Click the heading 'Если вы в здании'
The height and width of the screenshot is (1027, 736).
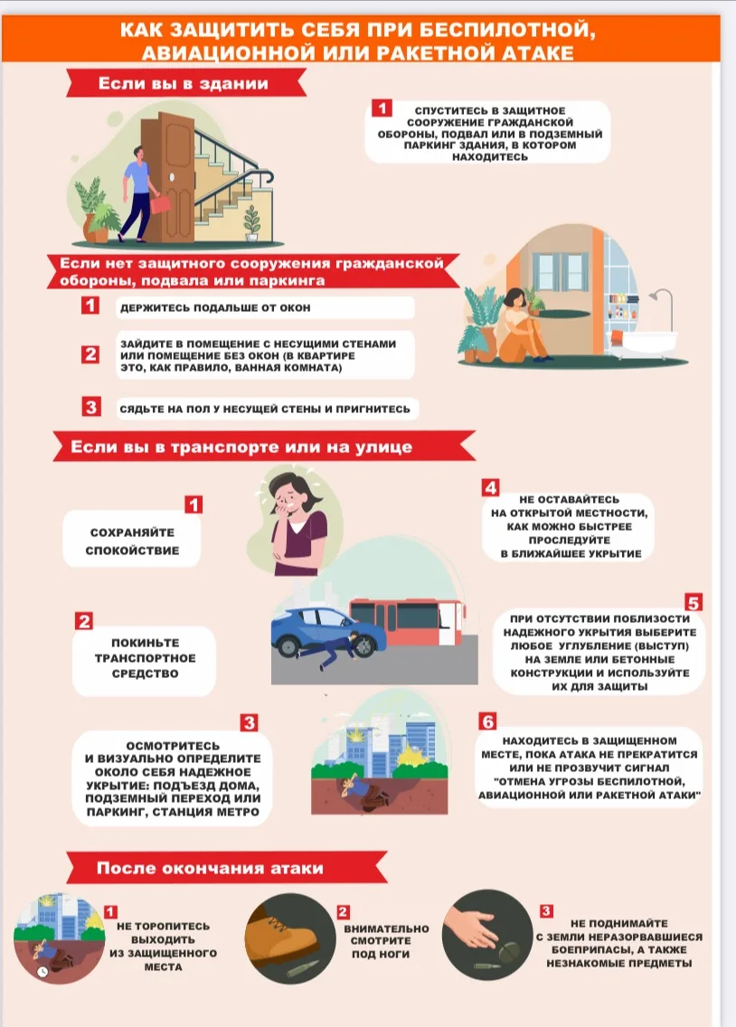(183, 84)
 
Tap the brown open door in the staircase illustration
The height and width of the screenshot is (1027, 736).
(173, 177)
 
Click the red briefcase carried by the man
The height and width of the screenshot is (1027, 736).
(160, 203)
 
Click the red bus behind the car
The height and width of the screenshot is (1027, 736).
(407, 622)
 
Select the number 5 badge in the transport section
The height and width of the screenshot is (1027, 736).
(694, 602)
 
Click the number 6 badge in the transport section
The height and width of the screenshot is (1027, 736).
(488, 721)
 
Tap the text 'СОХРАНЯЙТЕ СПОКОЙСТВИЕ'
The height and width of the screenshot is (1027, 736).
(132, 542)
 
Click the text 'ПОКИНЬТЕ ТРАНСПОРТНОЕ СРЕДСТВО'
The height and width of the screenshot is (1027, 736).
(145, 658)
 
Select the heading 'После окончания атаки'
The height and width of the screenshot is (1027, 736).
(210, 869)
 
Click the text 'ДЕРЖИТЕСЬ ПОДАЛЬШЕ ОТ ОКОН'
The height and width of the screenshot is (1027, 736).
(215, 308)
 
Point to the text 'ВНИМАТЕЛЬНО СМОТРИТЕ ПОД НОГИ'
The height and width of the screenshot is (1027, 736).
(386, 941)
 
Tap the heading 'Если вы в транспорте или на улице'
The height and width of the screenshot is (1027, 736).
(241, 448)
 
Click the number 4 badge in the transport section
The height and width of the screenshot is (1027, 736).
(490, 487)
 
